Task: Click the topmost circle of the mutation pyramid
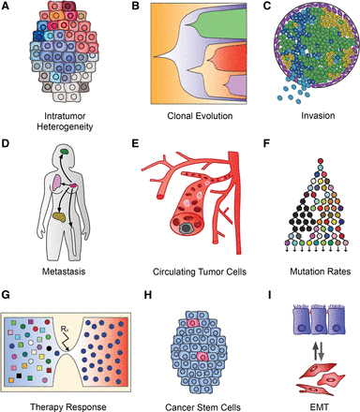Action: [x=301, y=149]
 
